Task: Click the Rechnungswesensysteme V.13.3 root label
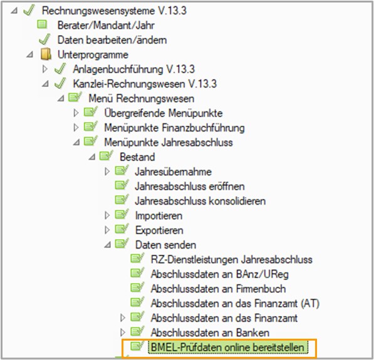pos(114,11)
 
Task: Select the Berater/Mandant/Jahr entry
pos(106,25)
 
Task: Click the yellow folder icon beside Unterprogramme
pos(46,54)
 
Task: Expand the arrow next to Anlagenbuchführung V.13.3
pos(44,69)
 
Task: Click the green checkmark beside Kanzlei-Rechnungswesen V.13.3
pos(60,83)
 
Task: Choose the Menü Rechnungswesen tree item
pos(142,98)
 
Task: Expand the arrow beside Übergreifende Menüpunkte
pos(76,113)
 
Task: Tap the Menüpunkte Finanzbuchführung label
pos(174,128)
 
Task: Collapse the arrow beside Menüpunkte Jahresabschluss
pos(76,143)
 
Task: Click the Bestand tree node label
pos(137,157)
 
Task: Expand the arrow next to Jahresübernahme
pos(107,172)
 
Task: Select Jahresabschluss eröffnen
pos(190,187)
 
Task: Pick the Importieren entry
pos(158,216)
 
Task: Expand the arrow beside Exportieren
pos(107,230)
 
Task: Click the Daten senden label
pos(166,245)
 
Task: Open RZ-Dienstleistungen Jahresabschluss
pos(232,260)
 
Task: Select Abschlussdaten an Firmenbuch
pos(218,289)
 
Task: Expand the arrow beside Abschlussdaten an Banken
pos(123,332)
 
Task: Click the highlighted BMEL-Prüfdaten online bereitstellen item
pos(228,347)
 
